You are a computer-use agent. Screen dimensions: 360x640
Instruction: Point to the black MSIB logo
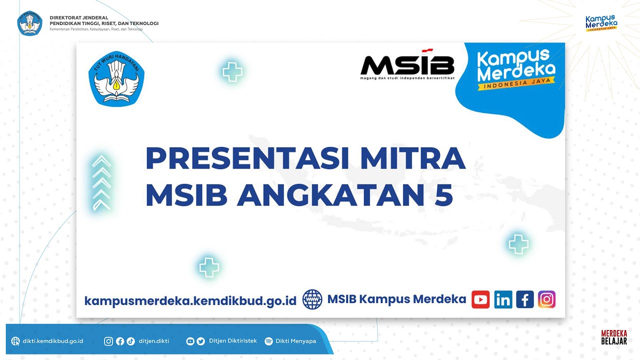[x=407, y=65]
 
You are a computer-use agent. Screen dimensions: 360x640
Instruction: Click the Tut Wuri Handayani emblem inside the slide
[x=116, y=78]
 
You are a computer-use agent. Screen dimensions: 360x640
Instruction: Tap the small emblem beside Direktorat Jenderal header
[x=30, y=23]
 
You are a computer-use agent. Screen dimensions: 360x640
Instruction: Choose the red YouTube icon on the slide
[x=480, y=299]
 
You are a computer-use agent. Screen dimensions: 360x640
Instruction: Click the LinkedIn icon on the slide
[x=503, y=299]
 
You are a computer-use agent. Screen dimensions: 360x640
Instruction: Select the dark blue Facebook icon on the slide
[x=525, y=299]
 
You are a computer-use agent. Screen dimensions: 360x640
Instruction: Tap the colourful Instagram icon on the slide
[x=547, y=299]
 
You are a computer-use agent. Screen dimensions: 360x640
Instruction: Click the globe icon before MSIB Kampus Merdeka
[x=312, y=299]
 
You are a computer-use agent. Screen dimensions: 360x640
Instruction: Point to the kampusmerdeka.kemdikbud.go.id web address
[x=190, y=300]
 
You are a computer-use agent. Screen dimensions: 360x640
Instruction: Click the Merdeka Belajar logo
[x=614, y=337]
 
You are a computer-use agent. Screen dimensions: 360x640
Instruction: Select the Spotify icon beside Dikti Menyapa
[x=268, y=341]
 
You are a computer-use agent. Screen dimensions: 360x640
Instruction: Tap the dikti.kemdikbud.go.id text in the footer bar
[x=53, y=341]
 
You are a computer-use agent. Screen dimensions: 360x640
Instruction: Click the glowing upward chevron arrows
[x=101, y=182]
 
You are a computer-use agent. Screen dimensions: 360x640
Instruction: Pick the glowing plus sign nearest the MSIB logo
[x=232, y=72]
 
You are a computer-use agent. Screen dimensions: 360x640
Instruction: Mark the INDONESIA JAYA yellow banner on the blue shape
[x=516, y=85]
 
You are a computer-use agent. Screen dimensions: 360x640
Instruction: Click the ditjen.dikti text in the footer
[x=154, y=341]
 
